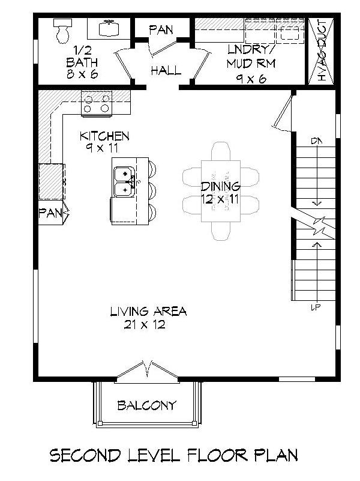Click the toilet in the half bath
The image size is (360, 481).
pos(62,31)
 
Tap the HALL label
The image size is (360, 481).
pos(166,70)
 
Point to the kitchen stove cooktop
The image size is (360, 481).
pos(97,103)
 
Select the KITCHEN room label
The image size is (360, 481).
pos(104,136)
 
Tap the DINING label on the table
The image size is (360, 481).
pos(220,186)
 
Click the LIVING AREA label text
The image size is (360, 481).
pos(148,311)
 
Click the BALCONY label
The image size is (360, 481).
pos(147,405)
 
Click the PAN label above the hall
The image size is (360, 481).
pos(161,29)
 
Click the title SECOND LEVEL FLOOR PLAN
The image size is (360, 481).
pos(173,455)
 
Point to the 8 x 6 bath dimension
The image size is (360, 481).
pos(83,75)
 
